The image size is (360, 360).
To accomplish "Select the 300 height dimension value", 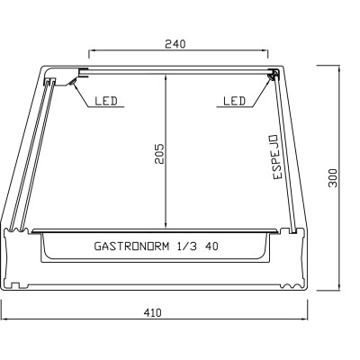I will [333, 177].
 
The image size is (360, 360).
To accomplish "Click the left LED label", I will [105, 101].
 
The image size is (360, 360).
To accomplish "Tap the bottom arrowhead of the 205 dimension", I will [166, 226].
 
